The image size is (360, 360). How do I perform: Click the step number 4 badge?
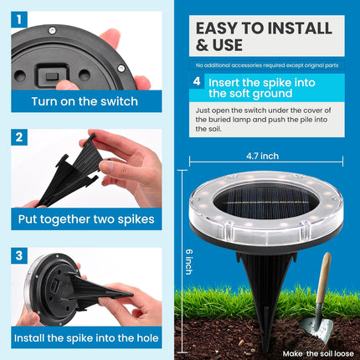coord(197,82)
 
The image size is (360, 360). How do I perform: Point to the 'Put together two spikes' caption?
coord(84,220)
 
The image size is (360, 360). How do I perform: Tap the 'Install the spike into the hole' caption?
coord(84,338)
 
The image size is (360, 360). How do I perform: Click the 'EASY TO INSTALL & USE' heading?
coord(243,35)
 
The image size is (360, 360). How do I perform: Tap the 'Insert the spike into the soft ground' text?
coord(268,89)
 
